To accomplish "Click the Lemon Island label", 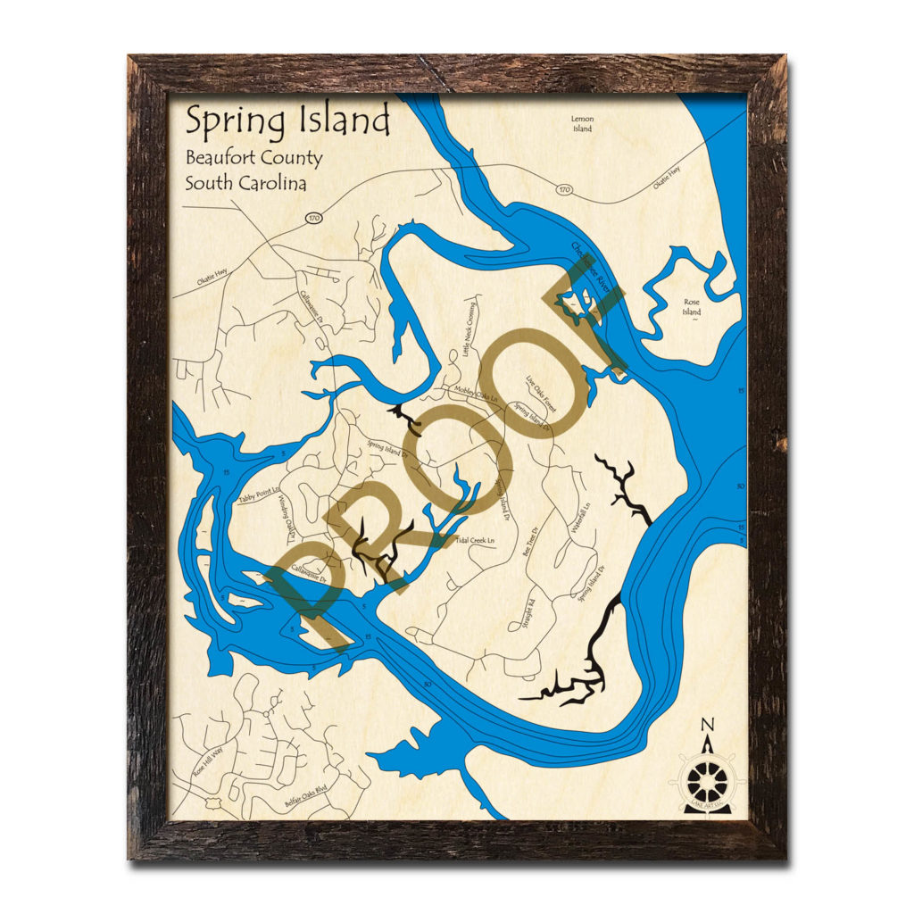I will [583, 123].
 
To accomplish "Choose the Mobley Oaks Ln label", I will [476, 394].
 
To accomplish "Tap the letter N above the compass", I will [707, 725].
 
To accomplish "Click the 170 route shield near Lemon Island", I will [563, 189].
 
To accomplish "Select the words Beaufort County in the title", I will [253, 159].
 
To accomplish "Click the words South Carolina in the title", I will [245, 184].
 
